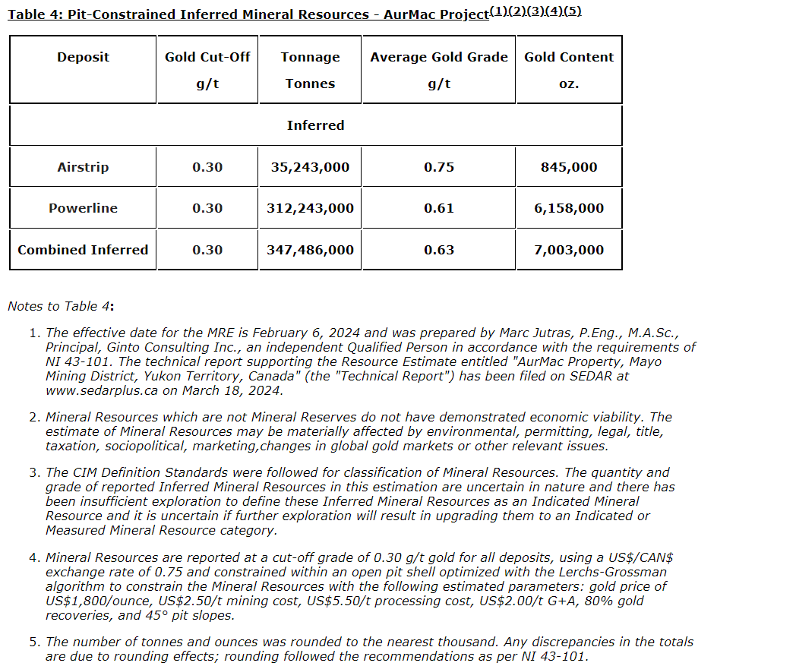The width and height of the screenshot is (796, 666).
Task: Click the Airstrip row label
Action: coord(83,167)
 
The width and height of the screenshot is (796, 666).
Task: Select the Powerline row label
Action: coord(83,208)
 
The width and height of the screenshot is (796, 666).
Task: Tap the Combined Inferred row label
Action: coord(83,250)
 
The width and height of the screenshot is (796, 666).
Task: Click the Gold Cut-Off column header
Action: coord(207,57)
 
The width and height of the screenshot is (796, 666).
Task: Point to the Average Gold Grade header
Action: coord(439,57)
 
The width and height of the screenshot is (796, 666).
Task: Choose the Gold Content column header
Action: coord(569,57)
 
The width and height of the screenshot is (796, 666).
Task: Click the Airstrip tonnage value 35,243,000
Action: coord(310,167)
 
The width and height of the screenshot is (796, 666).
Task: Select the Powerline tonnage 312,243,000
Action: coord(310,208)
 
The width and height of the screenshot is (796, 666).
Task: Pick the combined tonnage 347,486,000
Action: coord(310,250)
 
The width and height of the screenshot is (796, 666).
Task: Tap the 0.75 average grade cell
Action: coord(439,167)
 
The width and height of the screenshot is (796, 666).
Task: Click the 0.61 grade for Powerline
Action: coord(439,208)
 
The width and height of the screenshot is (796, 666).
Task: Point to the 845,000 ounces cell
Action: coord(569,167)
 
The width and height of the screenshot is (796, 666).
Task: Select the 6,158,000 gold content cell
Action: coord(569,208)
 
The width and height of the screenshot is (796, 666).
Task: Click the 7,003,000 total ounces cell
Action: coord(569,250)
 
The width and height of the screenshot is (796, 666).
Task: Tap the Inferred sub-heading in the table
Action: coord(315,125)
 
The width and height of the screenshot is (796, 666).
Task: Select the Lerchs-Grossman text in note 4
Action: coord(612,572)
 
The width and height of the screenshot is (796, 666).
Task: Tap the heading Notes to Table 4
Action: coord(61,306)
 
